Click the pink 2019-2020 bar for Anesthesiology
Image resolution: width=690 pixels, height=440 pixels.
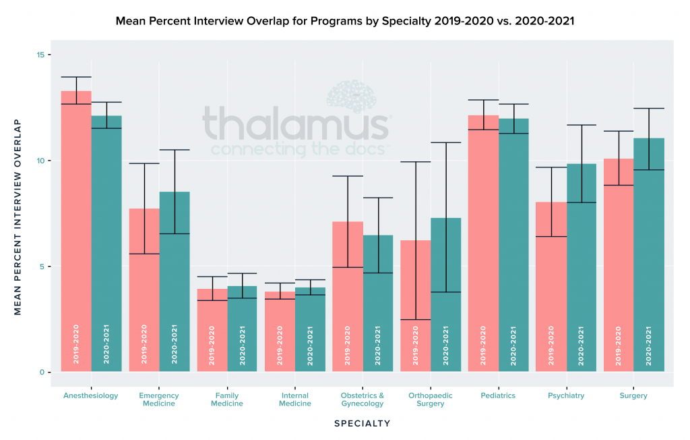pyautogui.click(x=76, y=229)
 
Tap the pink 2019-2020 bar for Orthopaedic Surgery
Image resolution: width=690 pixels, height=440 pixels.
pyautogui.click(x=415, y=304)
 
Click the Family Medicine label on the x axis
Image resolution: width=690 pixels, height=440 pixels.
pyautogui.click(x=226, y=400)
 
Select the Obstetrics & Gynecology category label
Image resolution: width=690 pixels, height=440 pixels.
pyautogui.click(x=362, y=400)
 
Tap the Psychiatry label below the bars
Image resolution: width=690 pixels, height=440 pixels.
pyautogui.click(x=565, y=395)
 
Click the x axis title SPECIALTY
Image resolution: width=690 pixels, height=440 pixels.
pyautogui.click(x=362, y=424)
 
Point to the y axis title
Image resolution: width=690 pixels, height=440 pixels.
pyautogui.click(x=18, y=217)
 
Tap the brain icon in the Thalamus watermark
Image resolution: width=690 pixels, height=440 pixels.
pyautogui.click(x=350, y=95)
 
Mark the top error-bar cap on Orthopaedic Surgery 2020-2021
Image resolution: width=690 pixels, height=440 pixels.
pyautogui.click(x=445, y=142)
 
